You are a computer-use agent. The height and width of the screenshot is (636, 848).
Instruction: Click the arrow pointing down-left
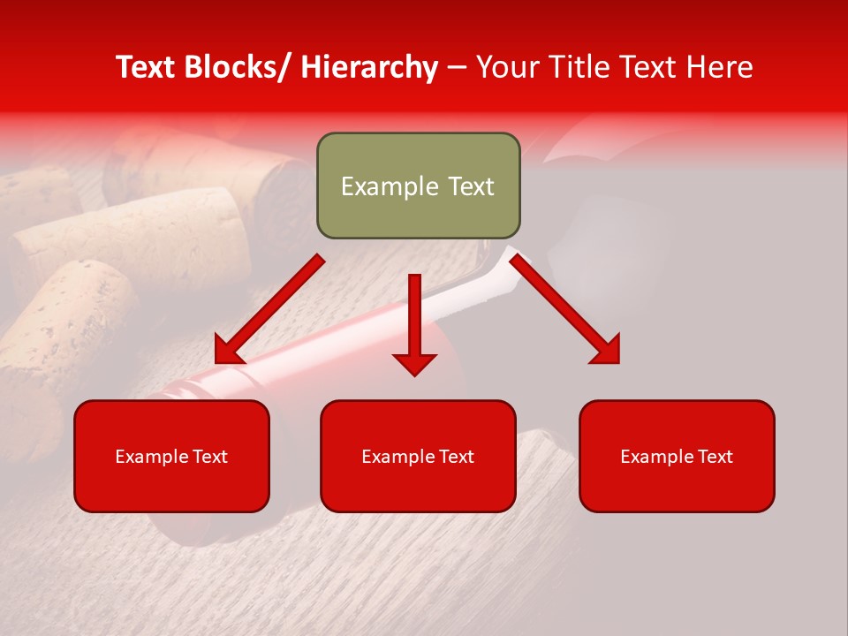(x=269, y=309)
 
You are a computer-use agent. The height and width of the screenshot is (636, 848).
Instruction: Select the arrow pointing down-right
(x=565, y=309)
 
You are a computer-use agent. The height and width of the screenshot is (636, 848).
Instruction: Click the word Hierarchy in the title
(x=369, y=67)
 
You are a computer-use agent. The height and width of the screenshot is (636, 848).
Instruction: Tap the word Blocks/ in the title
(x=238, y=67)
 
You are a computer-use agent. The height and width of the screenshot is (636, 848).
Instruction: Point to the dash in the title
(x=457, y=67)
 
